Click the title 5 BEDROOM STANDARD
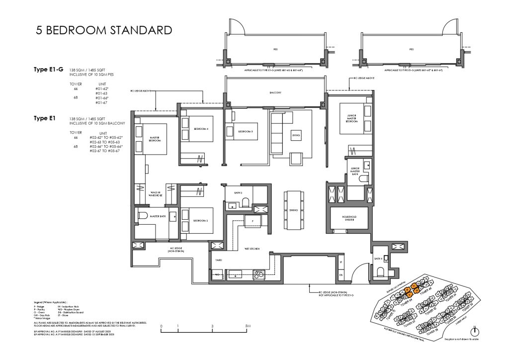pyautogui.click(x=104, y=30)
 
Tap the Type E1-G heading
pyautogui.click(x=48, y=72)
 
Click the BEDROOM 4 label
pyautogui.click(x=201, y=129)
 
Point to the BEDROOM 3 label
pyautogui.click(x=246, y=131)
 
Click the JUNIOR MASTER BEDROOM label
pyautogui.click(x=353, y=118)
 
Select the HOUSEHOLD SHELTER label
pyautogui.click(x=349, y=218)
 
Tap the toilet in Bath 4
pyautogui.click(x=380, y=270)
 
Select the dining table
pyautogui.click(x=293, y=210)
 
